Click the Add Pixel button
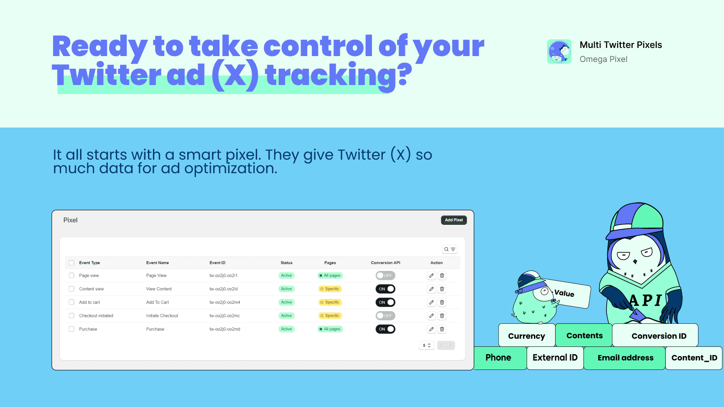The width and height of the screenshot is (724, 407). point(454,220)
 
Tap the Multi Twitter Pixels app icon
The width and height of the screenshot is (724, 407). point(559,52)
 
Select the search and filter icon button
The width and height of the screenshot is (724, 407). point(449,249)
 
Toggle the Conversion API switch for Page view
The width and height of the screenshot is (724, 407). point(385,275)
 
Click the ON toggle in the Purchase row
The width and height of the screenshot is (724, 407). point(385,329)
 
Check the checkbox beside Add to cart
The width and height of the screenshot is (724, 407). point(71,302)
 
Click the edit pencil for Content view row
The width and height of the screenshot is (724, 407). point(431,289)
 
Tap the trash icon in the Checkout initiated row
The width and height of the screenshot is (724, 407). point(442,316)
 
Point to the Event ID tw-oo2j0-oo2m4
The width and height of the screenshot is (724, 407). point(225,302)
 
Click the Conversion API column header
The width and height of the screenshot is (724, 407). point(386,263)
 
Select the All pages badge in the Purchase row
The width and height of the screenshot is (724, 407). point(330,329)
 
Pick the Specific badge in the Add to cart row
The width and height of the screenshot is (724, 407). point(330,302)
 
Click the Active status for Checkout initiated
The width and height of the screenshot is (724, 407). point(286,316)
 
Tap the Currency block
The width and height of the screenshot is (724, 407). point(526,336)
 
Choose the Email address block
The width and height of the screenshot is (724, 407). point(625,358)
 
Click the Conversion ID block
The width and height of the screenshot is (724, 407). point(658,336)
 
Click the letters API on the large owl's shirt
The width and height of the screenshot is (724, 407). point(646,300)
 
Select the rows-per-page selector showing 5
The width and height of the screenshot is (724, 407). point(427,345)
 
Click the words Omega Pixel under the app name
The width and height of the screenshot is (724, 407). point(603,59)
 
